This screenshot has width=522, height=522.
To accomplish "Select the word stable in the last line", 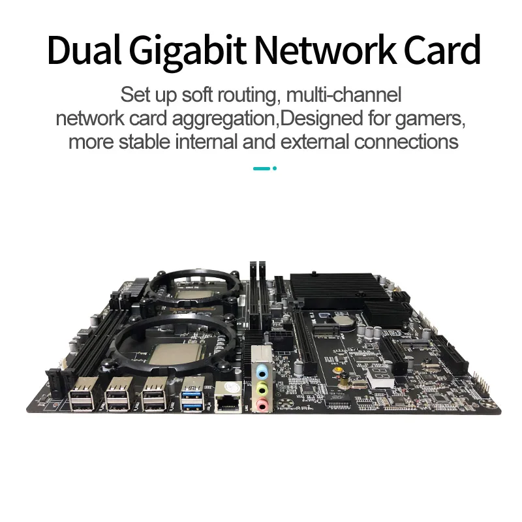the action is coord(152,142).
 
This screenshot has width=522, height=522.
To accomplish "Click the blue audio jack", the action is coord(261,373).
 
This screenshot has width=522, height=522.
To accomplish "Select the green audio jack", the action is coord(261,390).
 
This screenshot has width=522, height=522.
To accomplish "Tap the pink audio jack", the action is coord(261,406).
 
